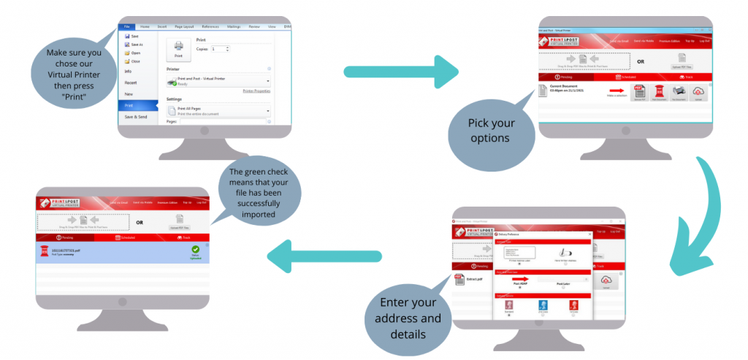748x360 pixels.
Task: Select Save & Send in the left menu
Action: [136, 117]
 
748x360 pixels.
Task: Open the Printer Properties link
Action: [256, 91]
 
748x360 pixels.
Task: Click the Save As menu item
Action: [137, 44]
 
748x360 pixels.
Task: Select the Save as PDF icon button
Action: [640, 92]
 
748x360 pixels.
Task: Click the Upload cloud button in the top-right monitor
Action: [698, 92]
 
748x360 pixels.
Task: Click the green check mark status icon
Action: [194, 250]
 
